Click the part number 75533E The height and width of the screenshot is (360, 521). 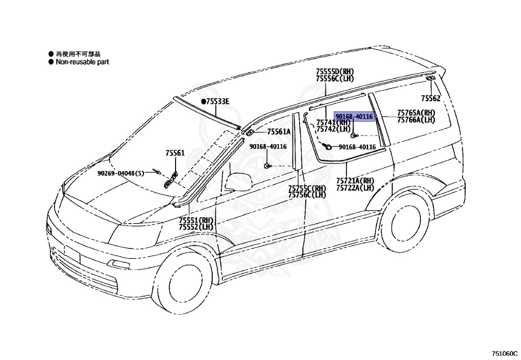pyautogui.click(x=218, y=102)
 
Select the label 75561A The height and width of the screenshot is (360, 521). pyautogui.click(x=278, y=132)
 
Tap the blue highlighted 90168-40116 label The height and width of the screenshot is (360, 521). pyautogui.click(x=354, y=117)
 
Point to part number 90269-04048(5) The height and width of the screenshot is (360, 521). pyautogui.click(x=121, y=173)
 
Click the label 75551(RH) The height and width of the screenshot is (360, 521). pyautogui.click(x=196, y=220)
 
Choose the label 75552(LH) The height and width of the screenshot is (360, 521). pyautogui.click(x=196, y=227)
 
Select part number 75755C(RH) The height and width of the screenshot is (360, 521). pyautogui.click(x=307, y=188)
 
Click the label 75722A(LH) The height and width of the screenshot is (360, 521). pyautogui.click(x=355, y=188)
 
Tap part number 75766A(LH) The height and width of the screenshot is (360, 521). pyautogui.click(x=416, y=120)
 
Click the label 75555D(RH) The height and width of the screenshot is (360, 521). pyautogui.click(x=334, y=72)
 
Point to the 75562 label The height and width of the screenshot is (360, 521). pyautogui.click(x=430, y=98)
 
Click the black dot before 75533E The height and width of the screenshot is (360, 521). pyautogui.click(x=202, y=102)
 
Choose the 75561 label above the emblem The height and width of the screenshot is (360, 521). pyautogui.click(x=175, y=153)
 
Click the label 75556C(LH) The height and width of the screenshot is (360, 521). pyautogui.click(x=334, y=78)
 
